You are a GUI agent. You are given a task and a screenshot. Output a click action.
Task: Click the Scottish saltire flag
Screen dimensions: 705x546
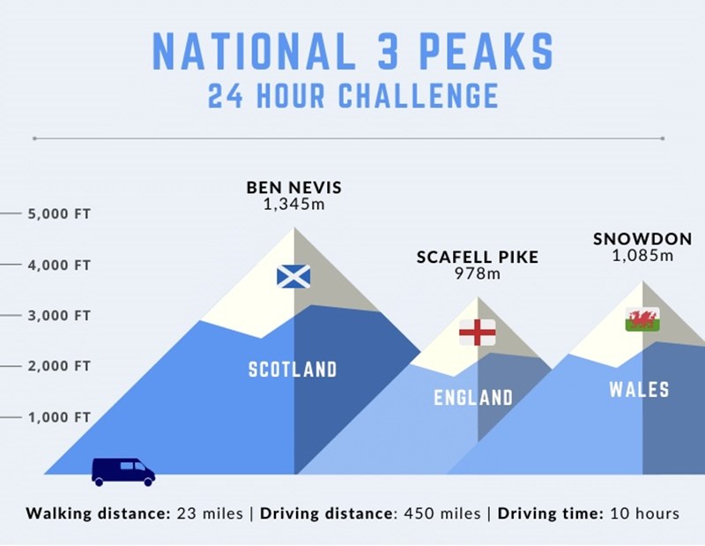[x=293, y=276]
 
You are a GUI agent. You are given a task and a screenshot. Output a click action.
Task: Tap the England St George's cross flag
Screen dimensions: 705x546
[x=478, y=333]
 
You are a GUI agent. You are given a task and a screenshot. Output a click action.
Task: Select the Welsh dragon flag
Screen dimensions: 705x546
[x=642, y=319]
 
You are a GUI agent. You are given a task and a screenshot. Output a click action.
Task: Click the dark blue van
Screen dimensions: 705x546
[x=123, y=472]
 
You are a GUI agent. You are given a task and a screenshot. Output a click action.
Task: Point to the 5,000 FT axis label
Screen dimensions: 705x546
[x=59, y=213]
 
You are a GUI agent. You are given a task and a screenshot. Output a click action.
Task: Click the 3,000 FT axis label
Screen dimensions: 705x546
[x=59, y=316]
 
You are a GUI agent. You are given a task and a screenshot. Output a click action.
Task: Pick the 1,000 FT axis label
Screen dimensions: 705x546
[x=59, y=417]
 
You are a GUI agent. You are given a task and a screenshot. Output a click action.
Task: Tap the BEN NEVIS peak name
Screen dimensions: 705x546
[x=294, y=187]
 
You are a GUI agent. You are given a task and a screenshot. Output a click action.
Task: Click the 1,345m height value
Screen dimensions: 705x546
[x=294, y=205]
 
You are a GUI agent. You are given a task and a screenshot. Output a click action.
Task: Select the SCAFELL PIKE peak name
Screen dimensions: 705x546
[x=478, y=257]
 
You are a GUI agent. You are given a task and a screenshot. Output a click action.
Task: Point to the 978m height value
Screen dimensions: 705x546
[x=478, y=273]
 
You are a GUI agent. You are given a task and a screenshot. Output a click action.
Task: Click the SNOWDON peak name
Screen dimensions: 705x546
[x=642, y=239]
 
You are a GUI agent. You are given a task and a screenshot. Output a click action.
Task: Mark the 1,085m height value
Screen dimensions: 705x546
[x=642, y=256]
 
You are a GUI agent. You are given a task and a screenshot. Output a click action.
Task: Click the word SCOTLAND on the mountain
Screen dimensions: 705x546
[x=293, y=370]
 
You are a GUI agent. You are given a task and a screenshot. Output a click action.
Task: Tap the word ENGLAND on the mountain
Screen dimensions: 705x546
[x=473, y=398]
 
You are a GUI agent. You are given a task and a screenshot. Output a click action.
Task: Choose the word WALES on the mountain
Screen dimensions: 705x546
[x=640, y=389]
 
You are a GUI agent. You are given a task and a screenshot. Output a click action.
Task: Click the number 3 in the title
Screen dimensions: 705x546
[x=387, y=51]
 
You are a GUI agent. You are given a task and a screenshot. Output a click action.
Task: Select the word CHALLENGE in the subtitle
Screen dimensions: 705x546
[x=418, y=95]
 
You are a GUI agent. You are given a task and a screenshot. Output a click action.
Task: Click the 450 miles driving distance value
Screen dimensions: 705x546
[x=442, y=513]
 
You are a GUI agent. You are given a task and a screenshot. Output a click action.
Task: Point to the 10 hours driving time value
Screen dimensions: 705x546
[x=645, y=513]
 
